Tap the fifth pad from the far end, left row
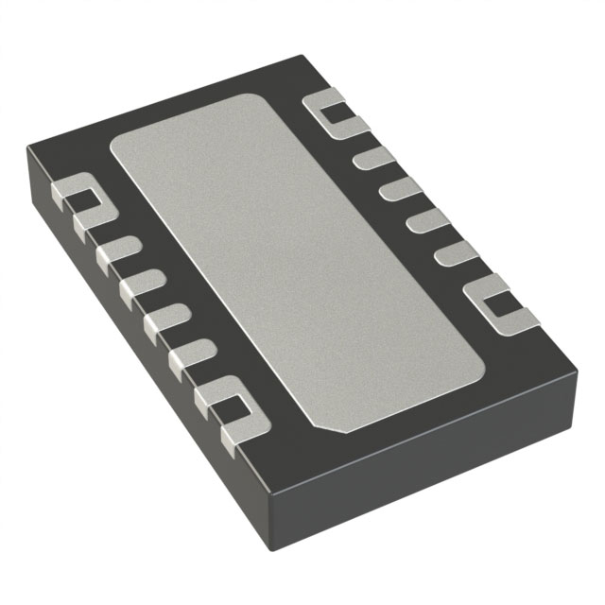[x=192, y=354]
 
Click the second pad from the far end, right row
[x=376, y=157]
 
